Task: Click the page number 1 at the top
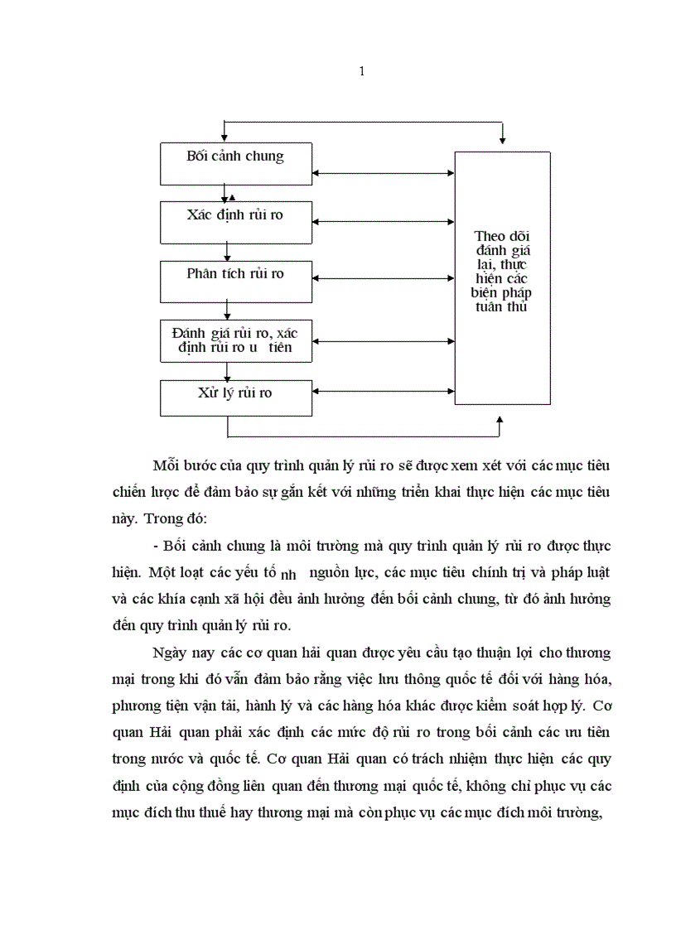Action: pos(361,71)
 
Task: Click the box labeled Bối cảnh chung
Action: pos(235,163)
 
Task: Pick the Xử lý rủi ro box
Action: pos(235,398)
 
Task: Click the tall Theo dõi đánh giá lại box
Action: pos(502,277)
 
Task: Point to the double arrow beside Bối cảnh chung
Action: pos(384,173)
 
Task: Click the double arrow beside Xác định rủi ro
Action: pos(384,221)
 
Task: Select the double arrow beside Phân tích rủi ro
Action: pos(384,282)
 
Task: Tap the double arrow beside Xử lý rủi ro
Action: pos(384,392)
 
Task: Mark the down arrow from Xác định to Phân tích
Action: pos(227,252)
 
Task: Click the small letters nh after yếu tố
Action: pos(288,574)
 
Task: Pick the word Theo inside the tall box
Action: pos(490,236)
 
